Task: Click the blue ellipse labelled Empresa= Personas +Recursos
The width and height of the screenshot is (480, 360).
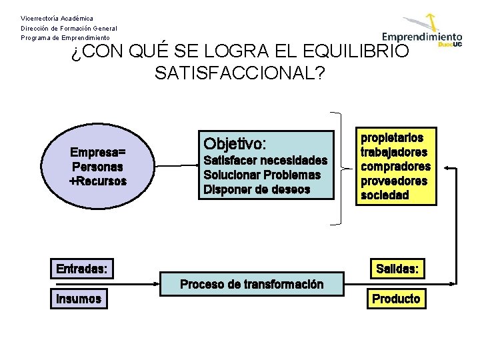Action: [99, 167]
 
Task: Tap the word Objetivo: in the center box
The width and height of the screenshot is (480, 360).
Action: [235, 143]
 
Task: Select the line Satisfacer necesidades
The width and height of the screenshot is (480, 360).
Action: [265, 161]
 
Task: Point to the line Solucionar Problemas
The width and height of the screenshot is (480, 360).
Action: [262, 175]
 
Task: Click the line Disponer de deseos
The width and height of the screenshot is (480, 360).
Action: [257, 189]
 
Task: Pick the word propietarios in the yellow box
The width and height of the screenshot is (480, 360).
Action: [392, 138]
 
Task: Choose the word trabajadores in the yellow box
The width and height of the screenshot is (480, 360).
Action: [394, 152]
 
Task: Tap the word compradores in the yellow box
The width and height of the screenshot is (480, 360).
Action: [395, 167]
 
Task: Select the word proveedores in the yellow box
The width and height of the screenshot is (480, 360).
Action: [394, 181]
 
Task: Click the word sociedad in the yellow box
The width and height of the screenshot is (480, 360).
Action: [385, 195]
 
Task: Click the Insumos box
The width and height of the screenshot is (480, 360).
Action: [79, 299]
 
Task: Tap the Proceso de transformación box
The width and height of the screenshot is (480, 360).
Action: [252, 285]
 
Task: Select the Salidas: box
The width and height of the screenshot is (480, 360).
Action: [397, 269]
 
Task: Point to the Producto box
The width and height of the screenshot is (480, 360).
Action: [396, 299]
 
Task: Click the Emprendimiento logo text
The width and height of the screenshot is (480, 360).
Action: [422, 37]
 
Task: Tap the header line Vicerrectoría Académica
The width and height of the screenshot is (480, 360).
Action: [57, 18]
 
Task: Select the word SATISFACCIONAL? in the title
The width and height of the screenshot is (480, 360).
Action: [239, 73]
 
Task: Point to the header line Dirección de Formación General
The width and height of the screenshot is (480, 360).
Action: [69, 28]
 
